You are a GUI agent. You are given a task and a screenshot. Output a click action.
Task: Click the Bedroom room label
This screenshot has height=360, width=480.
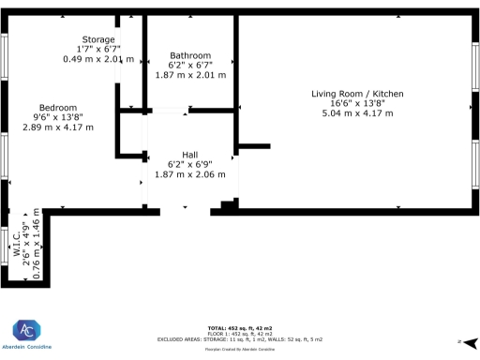point(58,107)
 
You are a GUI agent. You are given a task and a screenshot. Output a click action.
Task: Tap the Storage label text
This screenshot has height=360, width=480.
point(98,39)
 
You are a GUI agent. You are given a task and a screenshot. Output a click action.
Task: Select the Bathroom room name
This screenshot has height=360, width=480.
point(190,55)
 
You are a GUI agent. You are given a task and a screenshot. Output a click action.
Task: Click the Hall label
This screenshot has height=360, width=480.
point(190,155)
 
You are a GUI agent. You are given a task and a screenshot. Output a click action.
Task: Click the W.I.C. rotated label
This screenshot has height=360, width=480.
point(17,253)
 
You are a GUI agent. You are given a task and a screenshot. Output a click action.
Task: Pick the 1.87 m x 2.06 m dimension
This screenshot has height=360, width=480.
point(190,174)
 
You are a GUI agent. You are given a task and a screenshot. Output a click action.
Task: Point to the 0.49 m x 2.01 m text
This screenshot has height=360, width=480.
point(98,59)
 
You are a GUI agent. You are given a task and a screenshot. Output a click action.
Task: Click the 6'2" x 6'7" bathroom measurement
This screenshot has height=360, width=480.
point(190,66)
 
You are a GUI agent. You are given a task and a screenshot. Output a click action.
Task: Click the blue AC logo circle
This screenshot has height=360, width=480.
point(25,332)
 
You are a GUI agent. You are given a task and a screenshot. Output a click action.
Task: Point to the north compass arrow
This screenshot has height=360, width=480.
point(469,341)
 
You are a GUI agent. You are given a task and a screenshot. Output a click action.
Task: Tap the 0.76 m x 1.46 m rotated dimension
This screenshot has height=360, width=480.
point(37,245)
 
